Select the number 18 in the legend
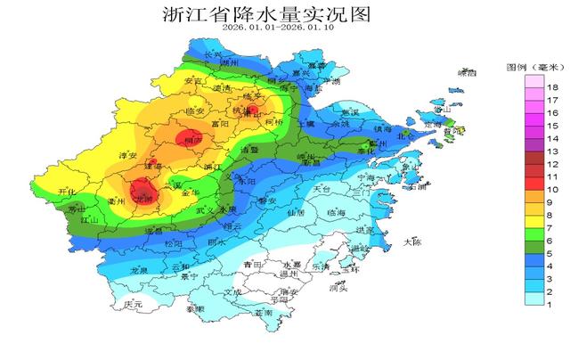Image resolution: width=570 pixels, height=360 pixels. (x=552, y=86)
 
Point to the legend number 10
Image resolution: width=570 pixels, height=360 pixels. (x=552, y=190)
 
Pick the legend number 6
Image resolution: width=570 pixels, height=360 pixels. (x=552, y=241)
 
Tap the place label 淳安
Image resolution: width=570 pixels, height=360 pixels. (x=128, y=156)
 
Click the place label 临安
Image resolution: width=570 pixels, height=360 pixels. (x=196, y=111)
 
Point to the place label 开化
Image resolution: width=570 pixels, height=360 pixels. (x=67, y=192)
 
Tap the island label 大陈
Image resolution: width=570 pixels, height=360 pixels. (x=411, y=242)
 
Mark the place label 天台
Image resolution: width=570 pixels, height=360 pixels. (x=322, y=190)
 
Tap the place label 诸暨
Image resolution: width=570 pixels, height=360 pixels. (x=260, y=151)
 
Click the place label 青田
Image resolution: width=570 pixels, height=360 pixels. (x=252, y=266)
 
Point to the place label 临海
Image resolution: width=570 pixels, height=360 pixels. (x=337, y=213)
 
